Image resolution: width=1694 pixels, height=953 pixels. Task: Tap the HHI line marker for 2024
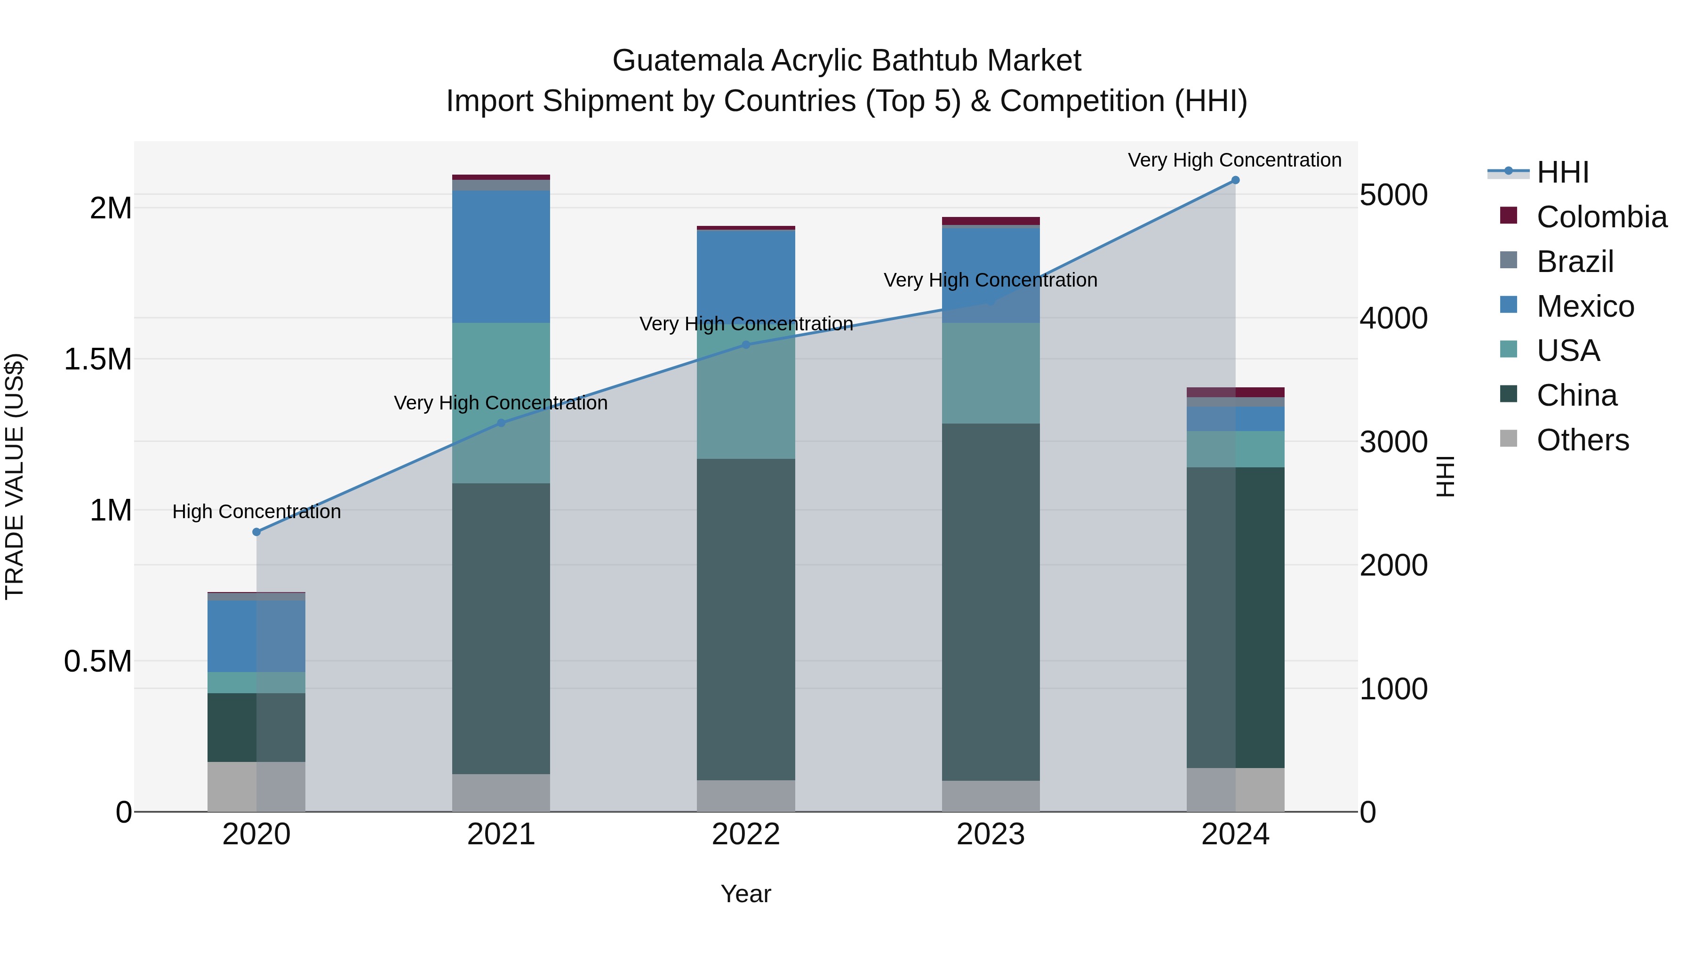(x=1235, y=180)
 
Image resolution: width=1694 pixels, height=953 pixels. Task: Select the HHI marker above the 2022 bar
(x=746, y=344)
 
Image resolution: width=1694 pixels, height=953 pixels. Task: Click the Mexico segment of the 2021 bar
(x=501, y=256)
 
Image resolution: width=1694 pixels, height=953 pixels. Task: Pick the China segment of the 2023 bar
(x=991, y=602)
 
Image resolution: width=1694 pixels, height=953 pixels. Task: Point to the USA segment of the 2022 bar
(x=746, y=395)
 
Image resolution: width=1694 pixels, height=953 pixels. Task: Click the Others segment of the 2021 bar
(x=501, y=793)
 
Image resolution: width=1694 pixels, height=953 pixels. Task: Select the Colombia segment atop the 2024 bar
(x=1235, y=392)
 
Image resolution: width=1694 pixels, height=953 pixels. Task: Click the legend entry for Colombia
(x=1601, y=217)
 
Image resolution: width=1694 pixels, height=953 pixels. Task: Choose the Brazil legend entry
(x=1574, y=262)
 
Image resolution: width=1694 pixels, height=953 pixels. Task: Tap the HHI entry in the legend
(x=1562, y=172)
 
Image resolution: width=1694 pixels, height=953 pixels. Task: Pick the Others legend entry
(x=1582, y=440)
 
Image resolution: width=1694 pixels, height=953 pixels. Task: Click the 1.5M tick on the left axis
(x=98, y=359)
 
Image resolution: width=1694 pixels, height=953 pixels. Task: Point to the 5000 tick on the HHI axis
(x=1393, y=195)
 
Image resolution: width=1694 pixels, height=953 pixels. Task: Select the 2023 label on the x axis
(x=991, y=834)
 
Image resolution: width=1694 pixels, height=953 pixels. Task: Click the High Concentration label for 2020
(x=256, y=512)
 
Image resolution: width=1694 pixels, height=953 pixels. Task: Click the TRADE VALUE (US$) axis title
(x=15, y=476)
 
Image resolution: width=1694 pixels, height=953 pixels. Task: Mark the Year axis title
(x=746, y=894)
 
